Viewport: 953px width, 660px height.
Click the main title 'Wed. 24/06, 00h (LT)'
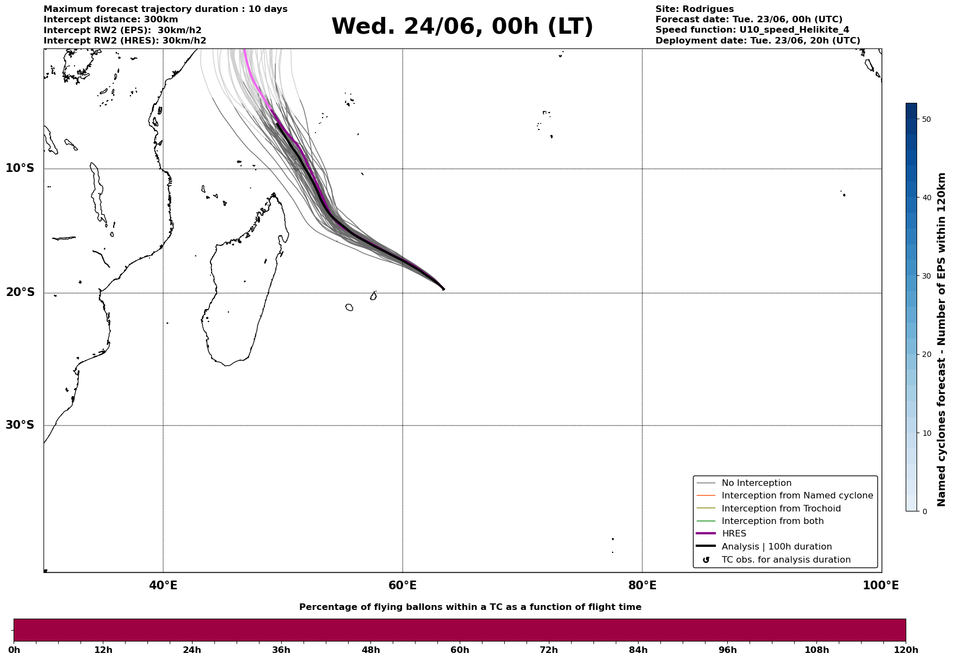[x=462, y=27]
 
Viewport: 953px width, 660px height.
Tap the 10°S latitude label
[x=20, y=168]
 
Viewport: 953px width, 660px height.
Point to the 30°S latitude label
[x=20, y=425]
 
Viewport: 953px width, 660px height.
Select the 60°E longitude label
[x=403, y=585]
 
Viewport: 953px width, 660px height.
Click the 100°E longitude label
[x=881, y=585]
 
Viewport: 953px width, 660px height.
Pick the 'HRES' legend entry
[x=734, y=534]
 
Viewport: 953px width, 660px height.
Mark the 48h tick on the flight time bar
[x=370, y=650]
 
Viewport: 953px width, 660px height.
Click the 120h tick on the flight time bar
[x=906, y=650]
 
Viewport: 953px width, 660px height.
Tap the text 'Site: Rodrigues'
[x=695, y=9]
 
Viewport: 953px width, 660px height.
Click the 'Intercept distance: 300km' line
[x=111, y=20]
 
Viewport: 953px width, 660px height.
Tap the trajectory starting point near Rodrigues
[x=443, y=289]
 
